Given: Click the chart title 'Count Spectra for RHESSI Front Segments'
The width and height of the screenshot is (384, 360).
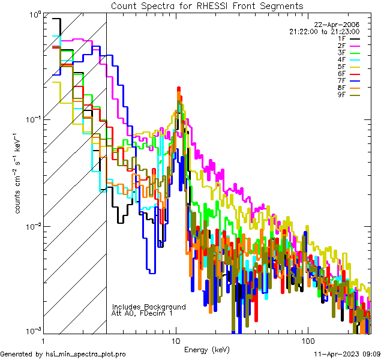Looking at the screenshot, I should (x=207, y=5).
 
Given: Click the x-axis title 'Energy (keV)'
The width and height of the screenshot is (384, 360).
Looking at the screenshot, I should (x=207, y=349).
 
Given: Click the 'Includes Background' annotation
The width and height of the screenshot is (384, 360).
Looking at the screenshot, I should (x=149, y=307).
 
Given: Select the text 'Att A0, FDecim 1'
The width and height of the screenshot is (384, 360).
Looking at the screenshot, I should (x=142, y=313).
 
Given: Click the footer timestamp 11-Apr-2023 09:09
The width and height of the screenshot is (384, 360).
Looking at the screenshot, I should (x=348, y=354).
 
